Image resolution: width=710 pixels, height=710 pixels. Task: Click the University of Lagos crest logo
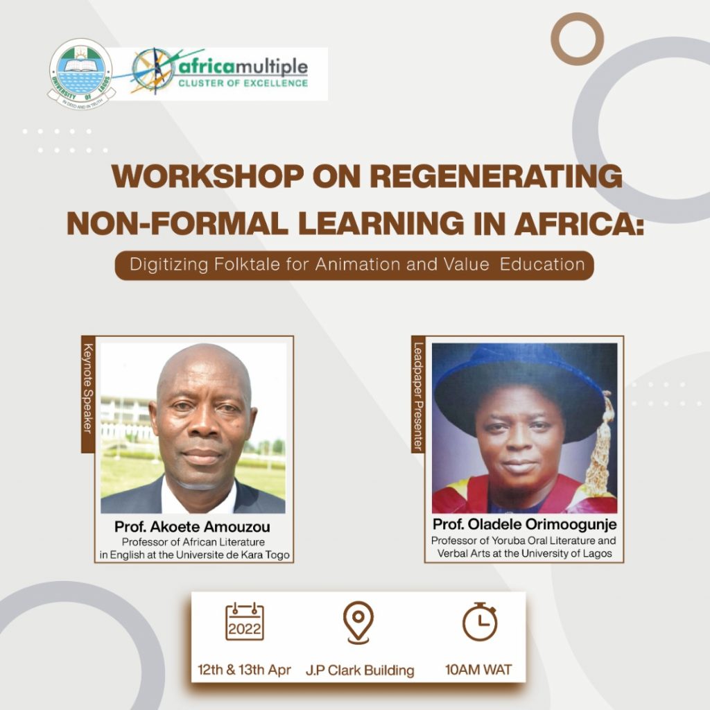pos(81,73)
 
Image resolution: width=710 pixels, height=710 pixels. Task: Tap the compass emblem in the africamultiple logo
pos(153,71)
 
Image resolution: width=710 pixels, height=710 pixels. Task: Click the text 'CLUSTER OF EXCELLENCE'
pos(243,83)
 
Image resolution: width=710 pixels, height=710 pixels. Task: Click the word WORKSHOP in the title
pos(207,176)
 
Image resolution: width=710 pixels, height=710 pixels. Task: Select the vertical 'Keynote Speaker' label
pos(88,395)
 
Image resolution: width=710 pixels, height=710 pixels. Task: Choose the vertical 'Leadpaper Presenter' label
pos(418,395)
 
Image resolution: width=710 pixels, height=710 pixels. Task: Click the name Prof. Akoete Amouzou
pos(193,527)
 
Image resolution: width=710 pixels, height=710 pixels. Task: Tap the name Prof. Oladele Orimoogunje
pos(524,524)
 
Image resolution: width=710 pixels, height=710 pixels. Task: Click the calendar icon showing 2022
pos(245,622)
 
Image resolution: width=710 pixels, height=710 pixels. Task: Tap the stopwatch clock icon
pos(480,621)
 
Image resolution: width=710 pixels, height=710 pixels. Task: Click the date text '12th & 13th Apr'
pos(245,670)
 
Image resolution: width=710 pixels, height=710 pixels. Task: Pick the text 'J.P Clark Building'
pos(360,670)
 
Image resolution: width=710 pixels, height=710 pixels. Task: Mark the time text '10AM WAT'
pos(478,670)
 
